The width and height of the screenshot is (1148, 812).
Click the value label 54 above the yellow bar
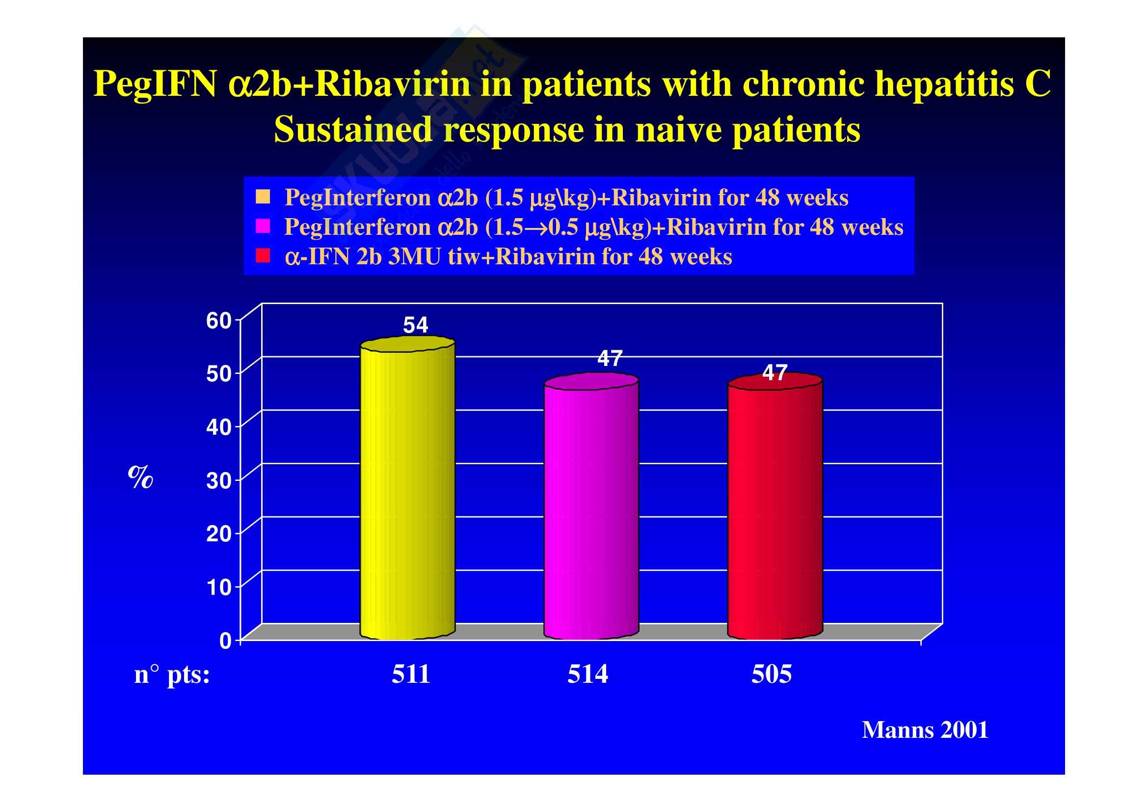tap(416, 326)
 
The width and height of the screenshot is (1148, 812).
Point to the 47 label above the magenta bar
tap(610, 359)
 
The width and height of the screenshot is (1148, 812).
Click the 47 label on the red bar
tap(774, 373)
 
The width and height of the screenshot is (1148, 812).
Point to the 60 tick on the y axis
tap(218, 321)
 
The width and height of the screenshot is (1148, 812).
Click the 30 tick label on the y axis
tap(218, 481)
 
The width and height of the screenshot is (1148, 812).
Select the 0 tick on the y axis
tap(225, 641)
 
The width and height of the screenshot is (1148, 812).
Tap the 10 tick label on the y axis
tap(218, 588)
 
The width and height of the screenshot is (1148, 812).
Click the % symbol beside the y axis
tap(140, 477)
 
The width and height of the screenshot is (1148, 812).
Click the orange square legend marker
tap(263, 197)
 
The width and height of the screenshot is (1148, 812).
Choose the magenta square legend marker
tap(263, 226)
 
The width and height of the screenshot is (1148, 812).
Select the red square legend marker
tap(263, 256)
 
